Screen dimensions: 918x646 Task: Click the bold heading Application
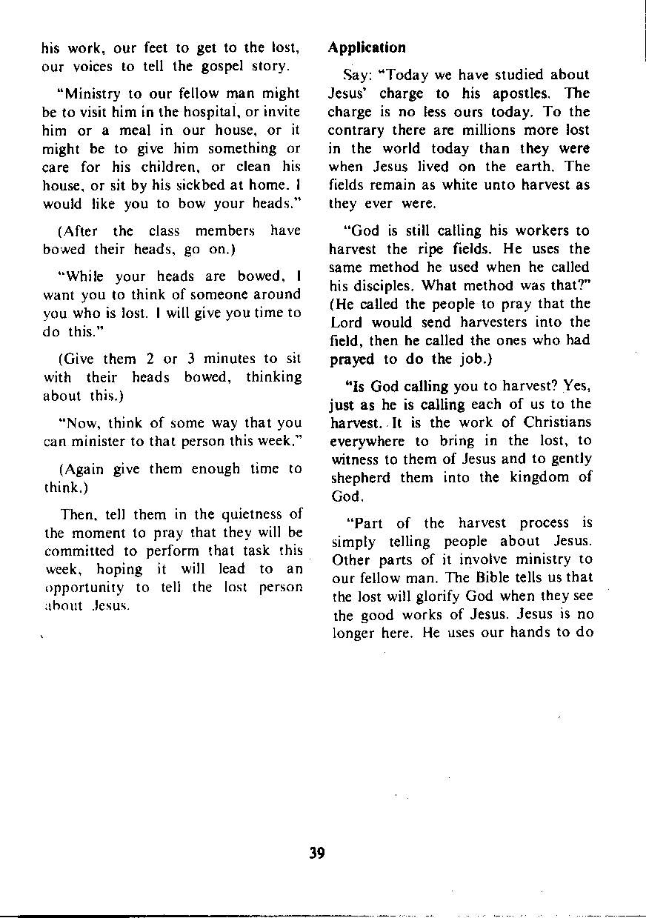tap(367, 47)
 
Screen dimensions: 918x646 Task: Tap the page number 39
tap(317, 852)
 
